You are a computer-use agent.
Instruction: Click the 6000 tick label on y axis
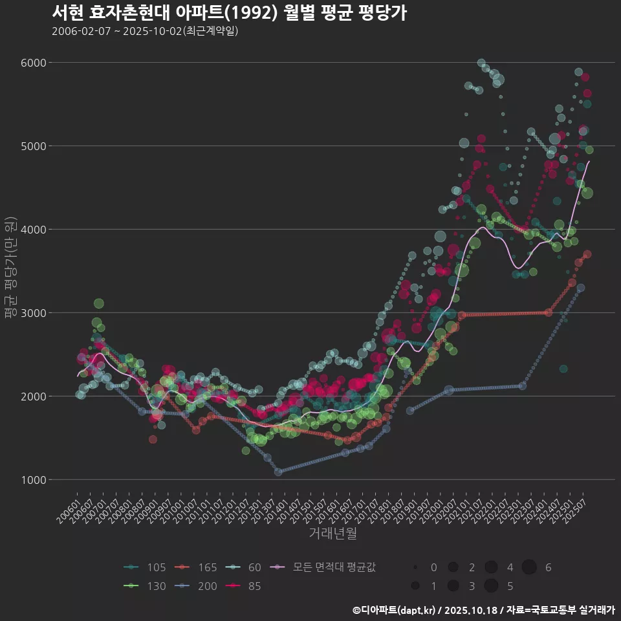coord(34,63)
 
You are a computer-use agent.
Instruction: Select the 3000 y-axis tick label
coord(34,313)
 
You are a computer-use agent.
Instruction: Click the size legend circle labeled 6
coord(529,567)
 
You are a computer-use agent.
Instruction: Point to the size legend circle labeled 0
coord(416,567)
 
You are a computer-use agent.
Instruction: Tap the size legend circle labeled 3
coord(453,586)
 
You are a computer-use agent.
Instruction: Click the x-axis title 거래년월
coord(332,533)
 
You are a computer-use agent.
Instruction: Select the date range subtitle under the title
coord(145,31)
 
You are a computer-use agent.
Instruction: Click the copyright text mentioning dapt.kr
coord(483,609)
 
